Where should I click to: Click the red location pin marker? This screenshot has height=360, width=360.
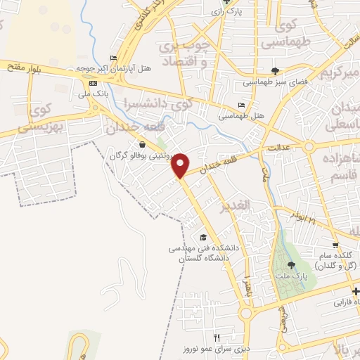pyautogui.click(x=181, y=165)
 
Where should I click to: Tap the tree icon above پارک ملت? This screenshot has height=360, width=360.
pyautogui.click(x=291, y=265)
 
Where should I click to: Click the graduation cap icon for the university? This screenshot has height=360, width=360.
pyautogui.click(x=203, y=237)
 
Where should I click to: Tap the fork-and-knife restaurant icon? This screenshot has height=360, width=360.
pyautogui.click(x=217, y=337)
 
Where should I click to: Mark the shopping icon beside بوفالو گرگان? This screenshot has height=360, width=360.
pyautogui.click(x=143, y=145)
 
